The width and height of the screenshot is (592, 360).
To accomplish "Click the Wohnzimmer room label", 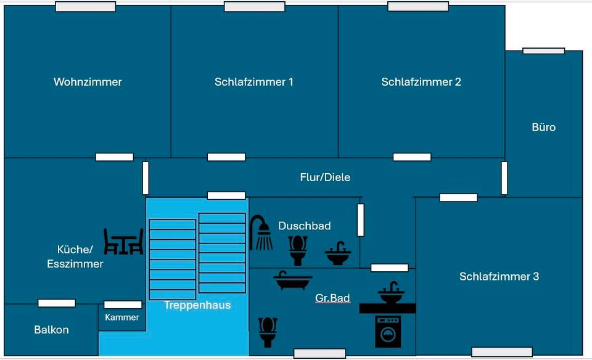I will (x=88, y=82).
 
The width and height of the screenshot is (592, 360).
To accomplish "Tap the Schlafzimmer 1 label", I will (x=254, y=82).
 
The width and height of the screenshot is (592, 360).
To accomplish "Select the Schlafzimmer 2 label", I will (x=421, y=82).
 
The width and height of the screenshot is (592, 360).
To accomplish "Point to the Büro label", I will (x=543, y=128).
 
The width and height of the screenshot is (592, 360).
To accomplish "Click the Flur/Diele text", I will (x=325, y=178).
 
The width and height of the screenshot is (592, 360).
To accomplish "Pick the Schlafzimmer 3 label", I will (x=499, y=277).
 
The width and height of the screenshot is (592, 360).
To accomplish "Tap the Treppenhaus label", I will (x=197, y=305).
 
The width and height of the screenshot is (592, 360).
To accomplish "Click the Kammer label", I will (x=122, y=317).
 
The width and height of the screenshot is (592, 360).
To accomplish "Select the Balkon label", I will (x=51, y=330).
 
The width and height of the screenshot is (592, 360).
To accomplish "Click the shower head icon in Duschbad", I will (x=261, y=232).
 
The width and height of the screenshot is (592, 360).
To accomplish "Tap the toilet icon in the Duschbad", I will (x=298, y=250).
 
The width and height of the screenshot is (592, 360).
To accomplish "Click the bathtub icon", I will (x=293, y=280).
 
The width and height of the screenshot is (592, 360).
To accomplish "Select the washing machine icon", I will (x=388, y=331).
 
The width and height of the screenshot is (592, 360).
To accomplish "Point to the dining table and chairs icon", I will (x=123, y=242).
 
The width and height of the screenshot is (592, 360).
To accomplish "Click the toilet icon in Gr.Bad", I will (x=268, y=332).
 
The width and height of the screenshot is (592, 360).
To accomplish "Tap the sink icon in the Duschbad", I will (x=338, y=253).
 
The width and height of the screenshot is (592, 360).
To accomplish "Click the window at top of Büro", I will (x=543, y=51).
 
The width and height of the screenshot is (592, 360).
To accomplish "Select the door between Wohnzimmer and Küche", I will (x=114, y=157).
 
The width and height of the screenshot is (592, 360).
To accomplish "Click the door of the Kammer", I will (x=123, y=305).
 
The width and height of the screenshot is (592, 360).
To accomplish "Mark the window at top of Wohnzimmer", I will (x=85, y=7).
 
